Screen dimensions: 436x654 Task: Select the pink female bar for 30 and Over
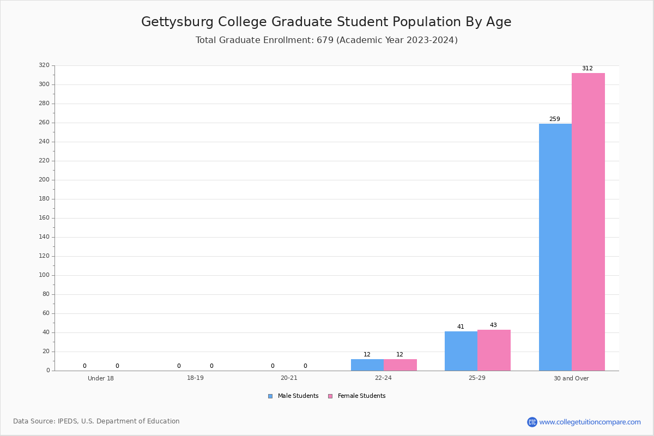588,222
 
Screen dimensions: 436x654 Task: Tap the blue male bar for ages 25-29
461,351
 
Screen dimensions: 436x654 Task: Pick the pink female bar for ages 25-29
494,350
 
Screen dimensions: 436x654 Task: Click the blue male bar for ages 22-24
367,365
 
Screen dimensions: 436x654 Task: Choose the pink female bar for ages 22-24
400,365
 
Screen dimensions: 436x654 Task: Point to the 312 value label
587,69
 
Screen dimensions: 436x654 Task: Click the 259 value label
554,119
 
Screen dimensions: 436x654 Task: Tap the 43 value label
493,325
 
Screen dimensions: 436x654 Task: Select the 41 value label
461,327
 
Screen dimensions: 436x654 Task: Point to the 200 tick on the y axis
44,180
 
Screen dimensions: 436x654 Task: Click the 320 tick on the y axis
44,65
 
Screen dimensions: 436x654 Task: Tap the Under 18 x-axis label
101,378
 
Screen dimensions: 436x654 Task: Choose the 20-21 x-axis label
289,378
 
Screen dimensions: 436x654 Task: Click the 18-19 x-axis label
195,378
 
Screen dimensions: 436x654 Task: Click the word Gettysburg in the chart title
178,22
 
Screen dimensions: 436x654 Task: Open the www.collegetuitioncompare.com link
590,422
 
